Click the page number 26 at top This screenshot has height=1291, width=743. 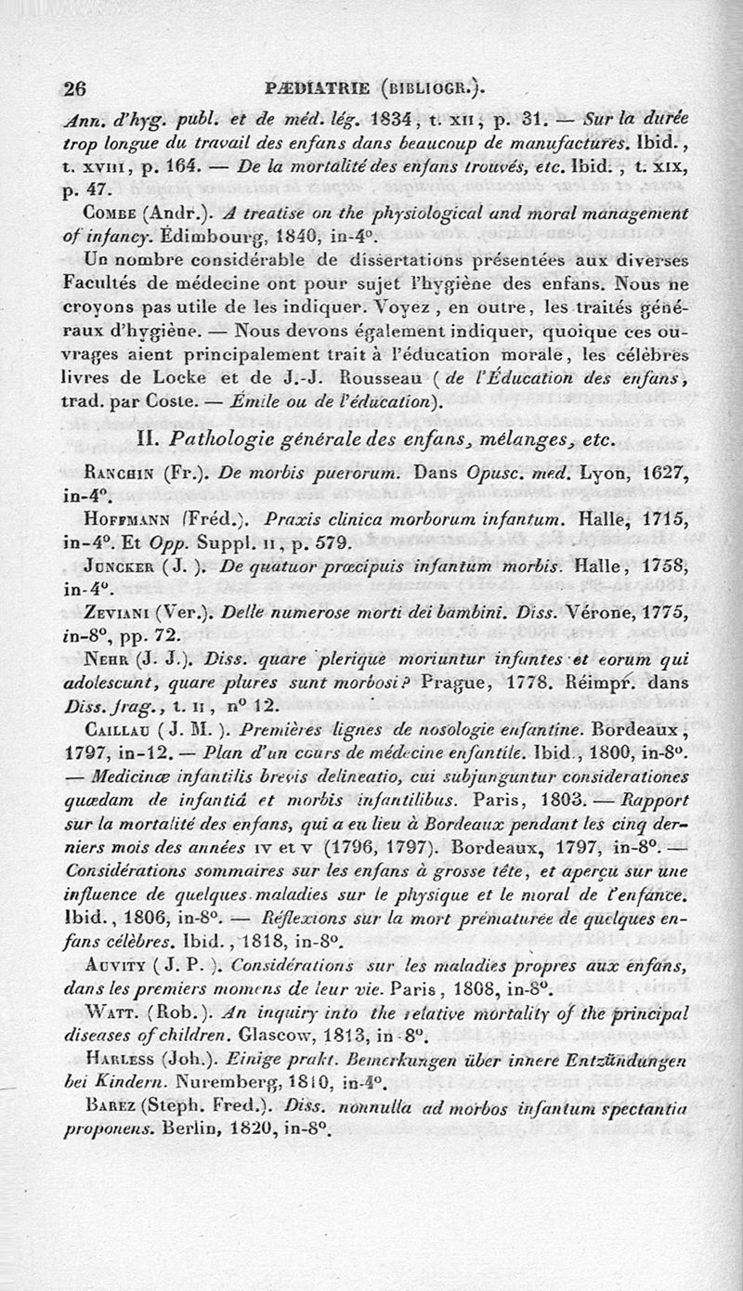pos(75,88)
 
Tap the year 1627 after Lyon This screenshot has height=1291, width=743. pos(663,473)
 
